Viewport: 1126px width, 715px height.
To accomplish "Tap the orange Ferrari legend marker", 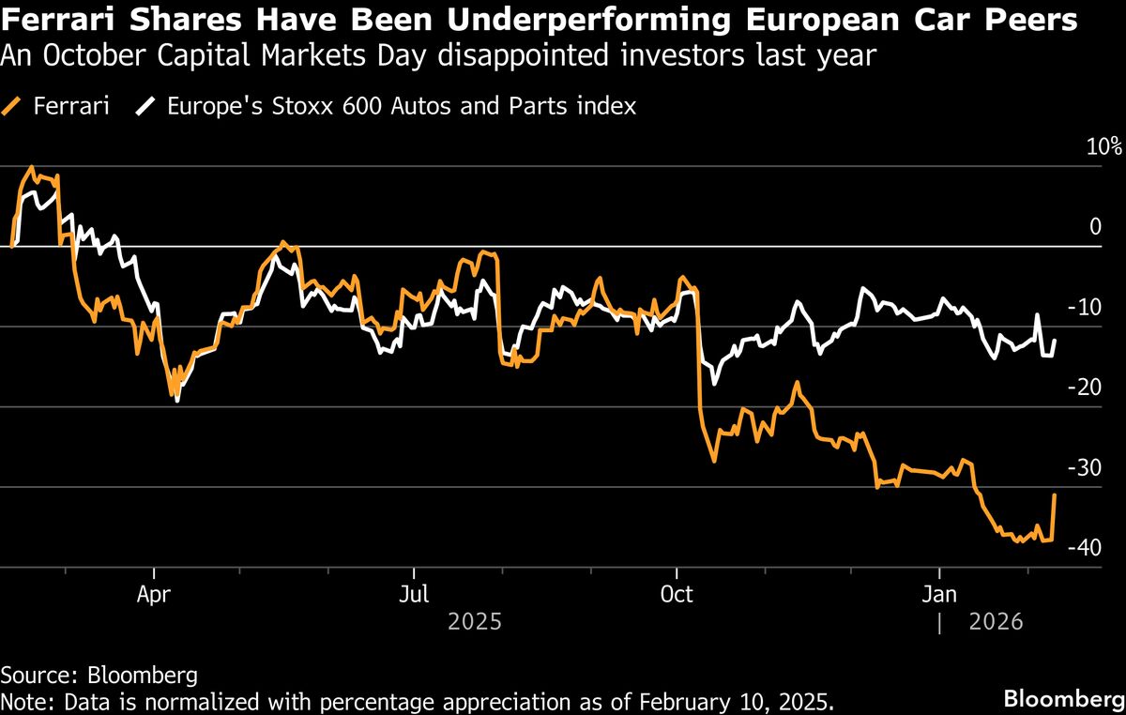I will pyautogui.click(x=14, y=106).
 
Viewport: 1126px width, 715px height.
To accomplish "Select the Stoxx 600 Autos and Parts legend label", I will pyautogui.click(x=402, y=106).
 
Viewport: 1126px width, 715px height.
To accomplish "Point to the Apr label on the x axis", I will pyautogui.click(x=154, y=594).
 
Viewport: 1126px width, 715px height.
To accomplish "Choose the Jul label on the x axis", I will pyautogui.click(x=414, y=594).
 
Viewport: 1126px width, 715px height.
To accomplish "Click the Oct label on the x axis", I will pyautogui.click(x=677, y=594).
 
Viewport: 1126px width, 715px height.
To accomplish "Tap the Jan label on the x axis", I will pyautogui.click(x=939, y=594).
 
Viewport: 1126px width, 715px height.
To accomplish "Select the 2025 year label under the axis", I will pyautogui.click(x=475, y=621).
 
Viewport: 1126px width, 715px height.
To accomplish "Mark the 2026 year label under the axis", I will pyautogui.click(x=994, y=621).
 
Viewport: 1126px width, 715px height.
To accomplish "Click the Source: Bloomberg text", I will pyautogui.click(x=99, y=675).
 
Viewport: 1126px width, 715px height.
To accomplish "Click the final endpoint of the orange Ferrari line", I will pyautogui.click(x=1056, y=494).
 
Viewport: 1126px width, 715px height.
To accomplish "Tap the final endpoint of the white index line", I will pyautogui.click(x=1056, y=341).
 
